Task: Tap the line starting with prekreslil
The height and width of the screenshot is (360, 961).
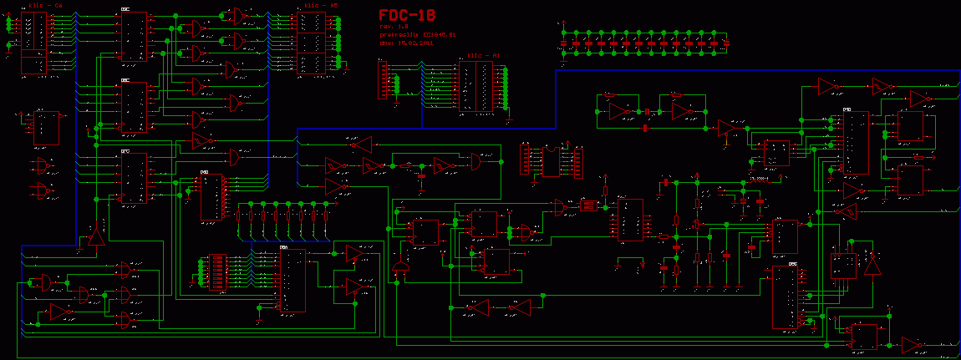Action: pos(416,33)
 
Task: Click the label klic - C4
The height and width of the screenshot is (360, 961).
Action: pos(46,5)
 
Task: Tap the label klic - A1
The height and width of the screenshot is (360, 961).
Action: pos(483,56)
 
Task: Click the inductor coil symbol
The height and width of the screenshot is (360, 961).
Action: pos(589,205)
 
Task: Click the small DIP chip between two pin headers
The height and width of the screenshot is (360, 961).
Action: pos(551,160)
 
